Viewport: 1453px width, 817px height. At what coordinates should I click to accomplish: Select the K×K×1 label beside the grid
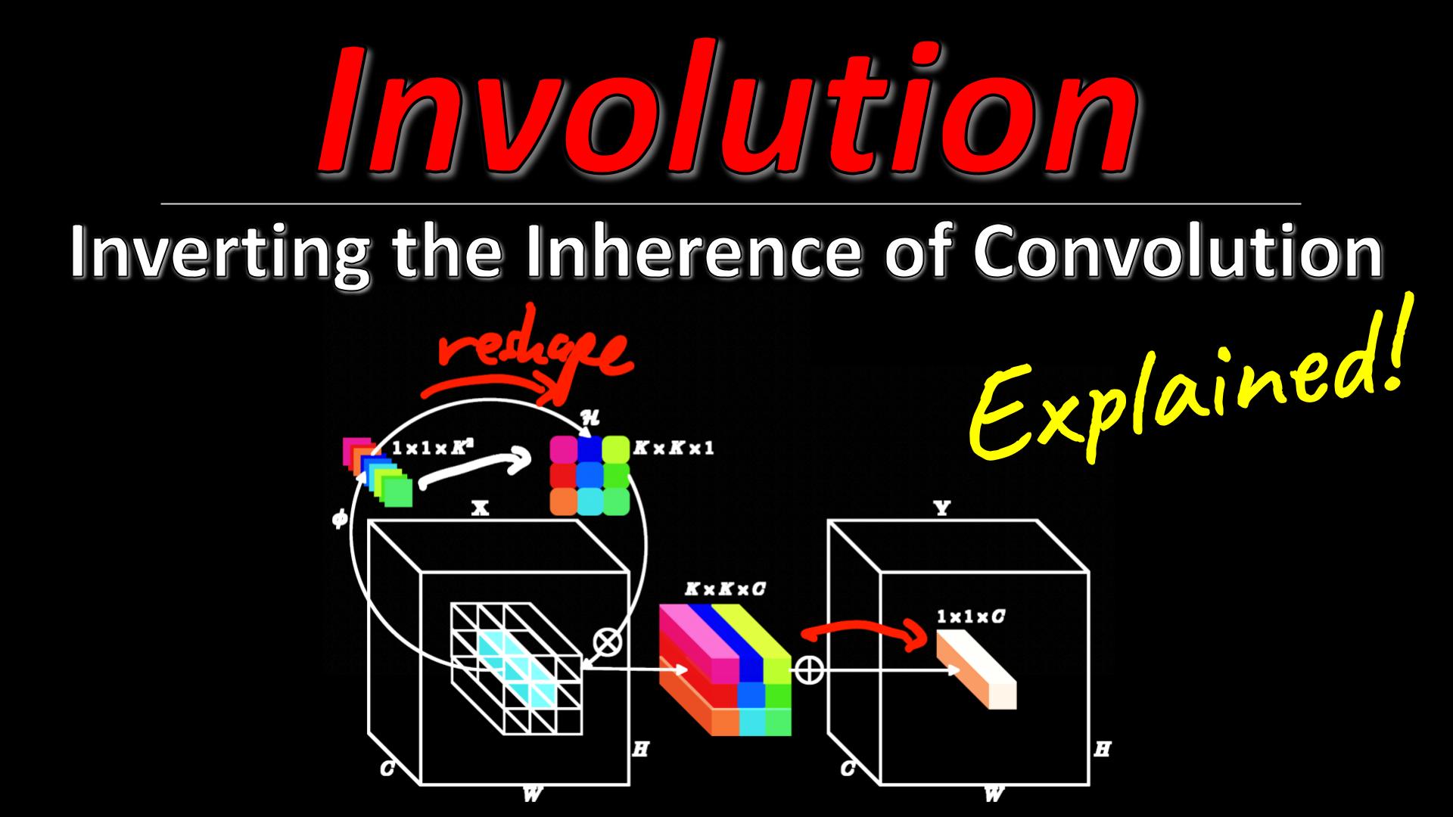coord(674,447)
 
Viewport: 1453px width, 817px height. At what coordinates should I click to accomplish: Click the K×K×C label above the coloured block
coord(724,589)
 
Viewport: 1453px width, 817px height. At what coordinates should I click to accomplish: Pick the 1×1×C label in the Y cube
coord(971,617)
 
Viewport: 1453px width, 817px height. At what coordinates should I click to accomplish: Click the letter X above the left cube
coord(480,509)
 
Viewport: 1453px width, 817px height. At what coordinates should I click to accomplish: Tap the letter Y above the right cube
coord(941,509)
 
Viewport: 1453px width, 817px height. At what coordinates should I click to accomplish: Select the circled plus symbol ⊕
coord(807,669)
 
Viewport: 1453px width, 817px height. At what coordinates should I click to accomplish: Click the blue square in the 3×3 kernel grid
coord(590,449)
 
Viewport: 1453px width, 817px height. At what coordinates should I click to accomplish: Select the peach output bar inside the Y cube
coord(976,669)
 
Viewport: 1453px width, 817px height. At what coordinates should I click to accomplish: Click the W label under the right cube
coord(994,794)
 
